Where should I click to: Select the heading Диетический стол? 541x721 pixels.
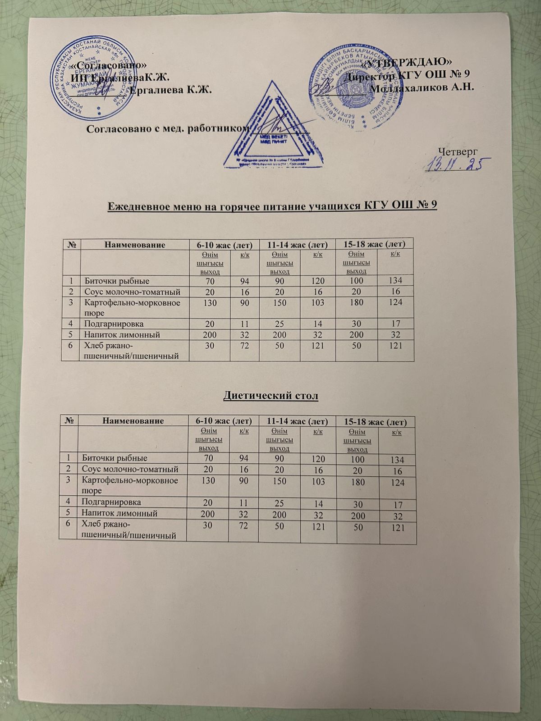click(270, 396)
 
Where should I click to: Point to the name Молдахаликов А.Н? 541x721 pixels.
click(421, 87)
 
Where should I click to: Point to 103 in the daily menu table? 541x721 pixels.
click(317, 302)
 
